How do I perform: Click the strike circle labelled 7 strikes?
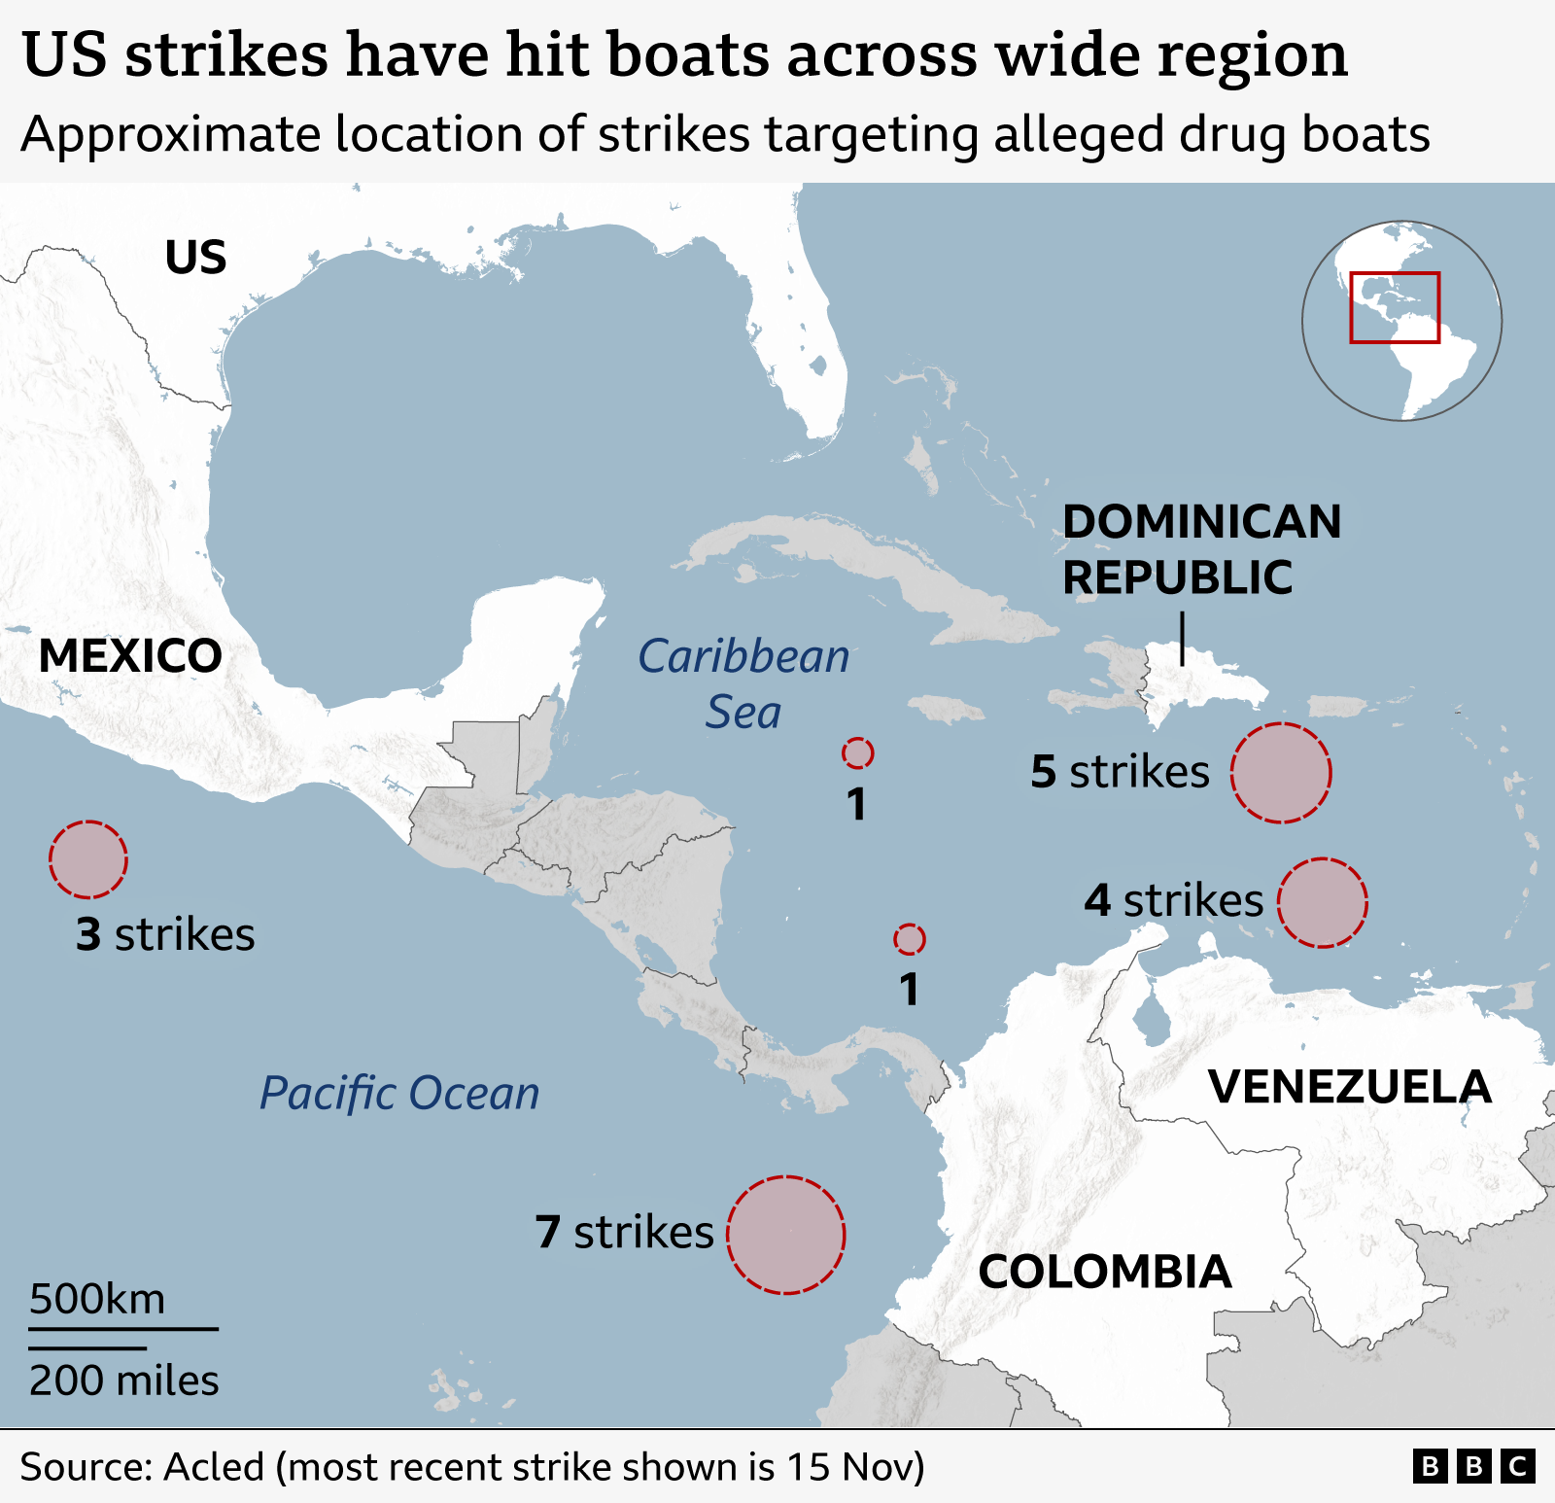coord(786,1235)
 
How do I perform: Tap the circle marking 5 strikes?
coord(1281,773)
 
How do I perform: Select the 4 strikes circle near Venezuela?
coord(1322,902)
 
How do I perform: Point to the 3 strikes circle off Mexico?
coord(88,859)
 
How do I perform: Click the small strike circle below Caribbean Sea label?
coord(857,752)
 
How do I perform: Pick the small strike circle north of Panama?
coord(910,939)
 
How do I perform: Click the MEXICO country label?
coord(130,655)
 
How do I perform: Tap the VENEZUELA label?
coord(1349,1086)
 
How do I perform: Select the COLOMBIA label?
coord(1104,1272)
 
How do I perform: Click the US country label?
coord(195,258)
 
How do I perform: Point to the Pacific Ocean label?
coord(399,1093)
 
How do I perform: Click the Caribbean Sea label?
coord(743,683)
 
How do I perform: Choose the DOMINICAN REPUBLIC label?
coord(1200,549)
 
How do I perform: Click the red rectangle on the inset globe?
coord(1395,307)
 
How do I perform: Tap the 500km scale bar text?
coord(97,1299)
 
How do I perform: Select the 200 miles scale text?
coord(123,1380)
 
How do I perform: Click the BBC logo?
coord(1473,1465)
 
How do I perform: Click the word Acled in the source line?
coord(214,1466)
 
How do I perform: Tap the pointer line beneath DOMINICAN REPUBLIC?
coord(1182,638)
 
